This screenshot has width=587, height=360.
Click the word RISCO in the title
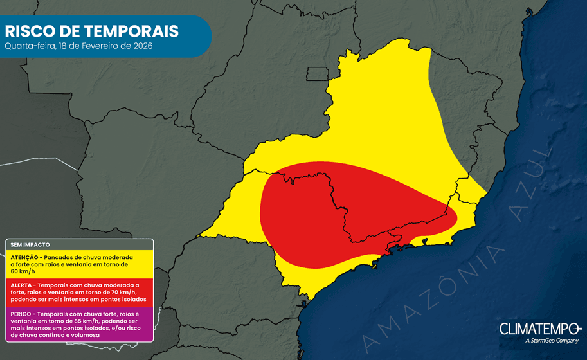[x=28, y=31]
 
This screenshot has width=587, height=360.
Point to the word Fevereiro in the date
[x=103, y=46]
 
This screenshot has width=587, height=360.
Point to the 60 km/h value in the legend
[x=23, y=271]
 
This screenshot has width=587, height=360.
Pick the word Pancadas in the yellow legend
[x=67, y=255]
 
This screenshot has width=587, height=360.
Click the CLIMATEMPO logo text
[x=538, y=328]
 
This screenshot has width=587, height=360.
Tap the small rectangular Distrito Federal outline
[x=317, y=74]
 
